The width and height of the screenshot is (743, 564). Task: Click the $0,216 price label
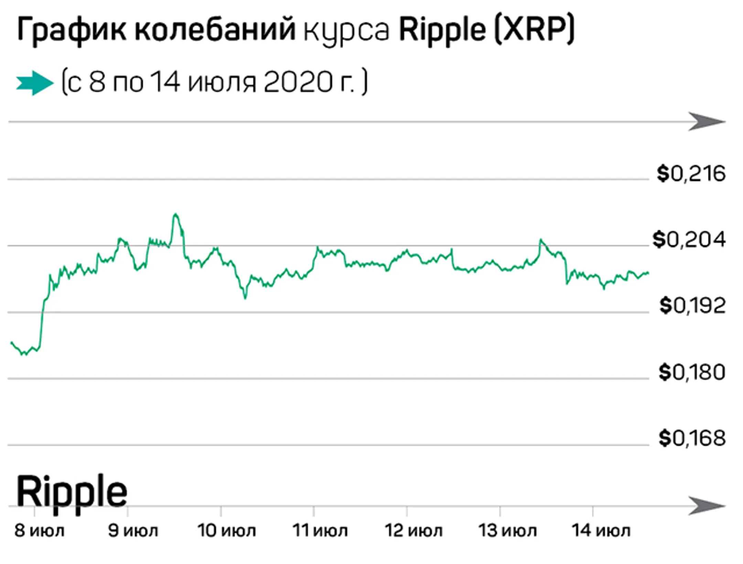click(691, 174)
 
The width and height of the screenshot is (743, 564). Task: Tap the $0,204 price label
click(689, 240)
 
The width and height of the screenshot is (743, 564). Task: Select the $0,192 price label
click(692, 305)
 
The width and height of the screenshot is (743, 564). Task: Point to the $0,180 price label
click(692, 372)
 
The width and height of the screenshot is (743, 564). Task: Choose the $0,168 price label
click(692, 438)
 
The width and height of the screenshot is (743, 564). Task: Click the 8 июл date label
click(39, 531)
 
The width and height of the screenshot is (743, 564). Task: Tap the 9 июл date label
click(133, 531)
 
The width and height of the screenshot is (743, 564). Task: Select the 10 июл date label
click(226, 531)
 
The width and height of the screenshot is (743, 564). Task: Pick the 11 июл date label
click(320, 531)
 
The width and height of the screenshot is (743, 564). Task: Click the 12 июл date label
click(413, 531)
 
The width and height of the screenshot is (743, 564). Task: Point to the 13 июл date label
click(507, 531)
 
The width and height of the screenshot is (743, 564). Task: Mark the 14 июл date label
click(601, 531)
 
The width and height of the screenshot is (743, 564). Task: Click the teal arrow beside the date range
click(35, 83)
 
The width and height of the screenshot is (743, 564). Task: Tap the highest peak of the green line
click(176, 215)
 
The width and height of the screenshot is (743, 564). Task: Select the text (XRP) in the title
click(534, 30)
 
